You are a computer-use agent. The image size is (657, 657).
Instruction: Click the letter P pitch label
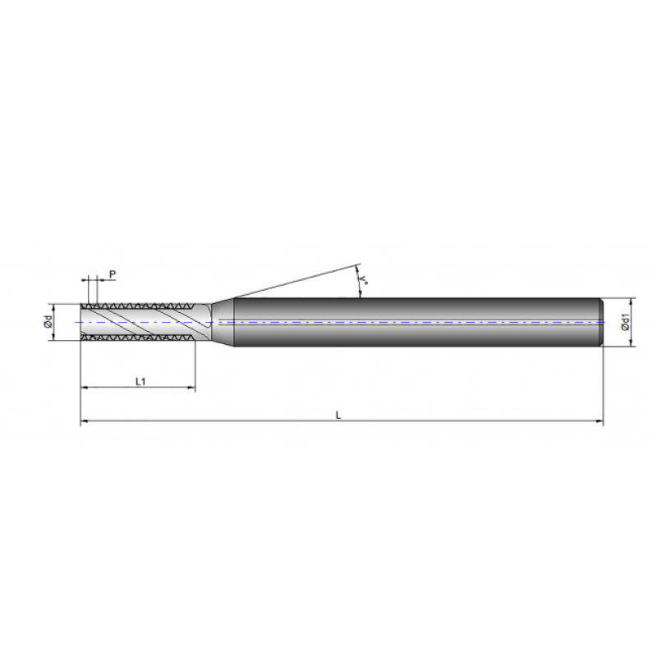(x=112, y=274)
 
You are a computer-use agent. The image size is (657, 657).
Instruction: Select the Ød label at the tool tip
(x=48, y=322)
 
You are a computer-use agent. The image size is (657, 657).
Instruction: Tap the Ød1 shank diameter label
(x=626, y=323)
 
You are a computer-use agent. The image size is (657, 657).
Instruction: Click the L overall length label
(x=338, y=416)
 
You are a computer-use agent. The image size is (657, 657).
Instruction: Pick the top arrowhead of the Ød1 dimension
(x=633, y=301)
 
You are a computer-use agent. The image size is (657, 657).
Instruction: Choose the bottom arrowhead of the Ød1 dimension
(x=633, y=344)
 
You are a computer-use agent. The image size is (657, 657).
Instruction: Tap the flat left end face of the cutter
(x=81, y=322)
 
